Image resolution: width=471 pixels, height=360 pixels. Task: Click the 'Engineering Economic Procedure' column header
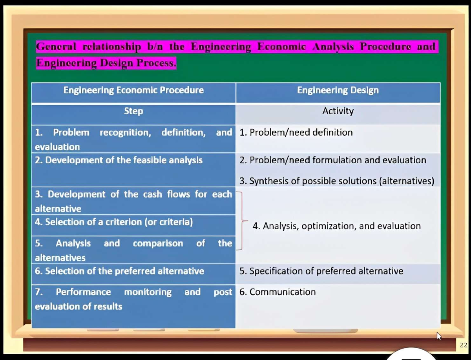pyautogui.click(x=133, y=90)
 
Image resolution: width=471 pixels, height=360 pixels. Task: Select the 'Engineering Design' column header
pyautogui.click(x=338, y=90)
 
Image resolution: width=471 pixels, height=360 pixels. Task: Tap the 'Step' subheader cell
pyautogui.click(x=133, y=111)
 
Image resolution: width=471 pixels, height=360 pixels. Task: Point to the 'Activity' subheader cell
pyautogui.click(x=338, y=111)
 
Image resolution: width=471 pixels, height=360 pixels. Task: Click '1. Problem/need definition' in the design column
pyautogui.click(x=296, y=132)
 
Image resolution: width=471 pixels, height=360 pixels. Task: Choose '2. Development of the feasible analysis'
pyautogui.click(x=119, y=160)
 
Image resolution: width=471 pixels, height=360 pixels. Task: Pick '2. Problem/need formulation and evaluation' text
pyautogui.click(x=332, y=160)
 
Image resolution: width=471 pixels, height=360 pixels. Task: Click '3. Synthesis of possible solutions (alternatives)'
pyautogui.click(x=337, y=181)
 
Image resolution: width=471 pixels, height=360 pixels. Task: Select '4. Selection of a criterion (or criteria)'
pyautogui.click(x=114, y=222)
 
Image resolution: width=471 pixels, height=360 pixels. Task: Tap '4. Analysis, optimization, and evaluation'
pyautogui.click(x=337, y=226)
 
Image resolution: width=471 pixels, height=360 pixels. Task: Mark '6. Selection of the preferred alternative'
pyautogui.click(x=119, y=271)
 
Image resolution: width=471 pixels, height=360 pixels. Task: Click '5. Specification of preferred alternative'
pyautogui.click(x=321, y=271)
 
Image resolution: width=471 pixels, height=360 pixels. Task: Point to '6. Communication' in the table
pyautogui.click(x=277, y=292)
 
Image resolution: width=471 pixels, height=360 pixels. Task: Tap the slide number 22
pyautogui.click(x=464, y=345)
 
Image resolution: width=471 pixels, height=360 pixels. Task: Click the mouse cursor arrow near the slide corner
pyautogui.click(x=439, y=336)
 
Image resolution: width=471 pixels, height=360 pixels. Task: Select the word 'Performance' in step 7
pyautogui.click(x=83, y=292)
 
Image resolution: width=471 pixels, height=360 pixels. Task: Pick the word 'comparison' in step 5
pyautogui.click(x=158, y=243)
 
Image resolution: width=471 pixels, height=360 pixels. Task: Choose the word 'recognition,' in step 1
pyautogui.click(x=125, y=132)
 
